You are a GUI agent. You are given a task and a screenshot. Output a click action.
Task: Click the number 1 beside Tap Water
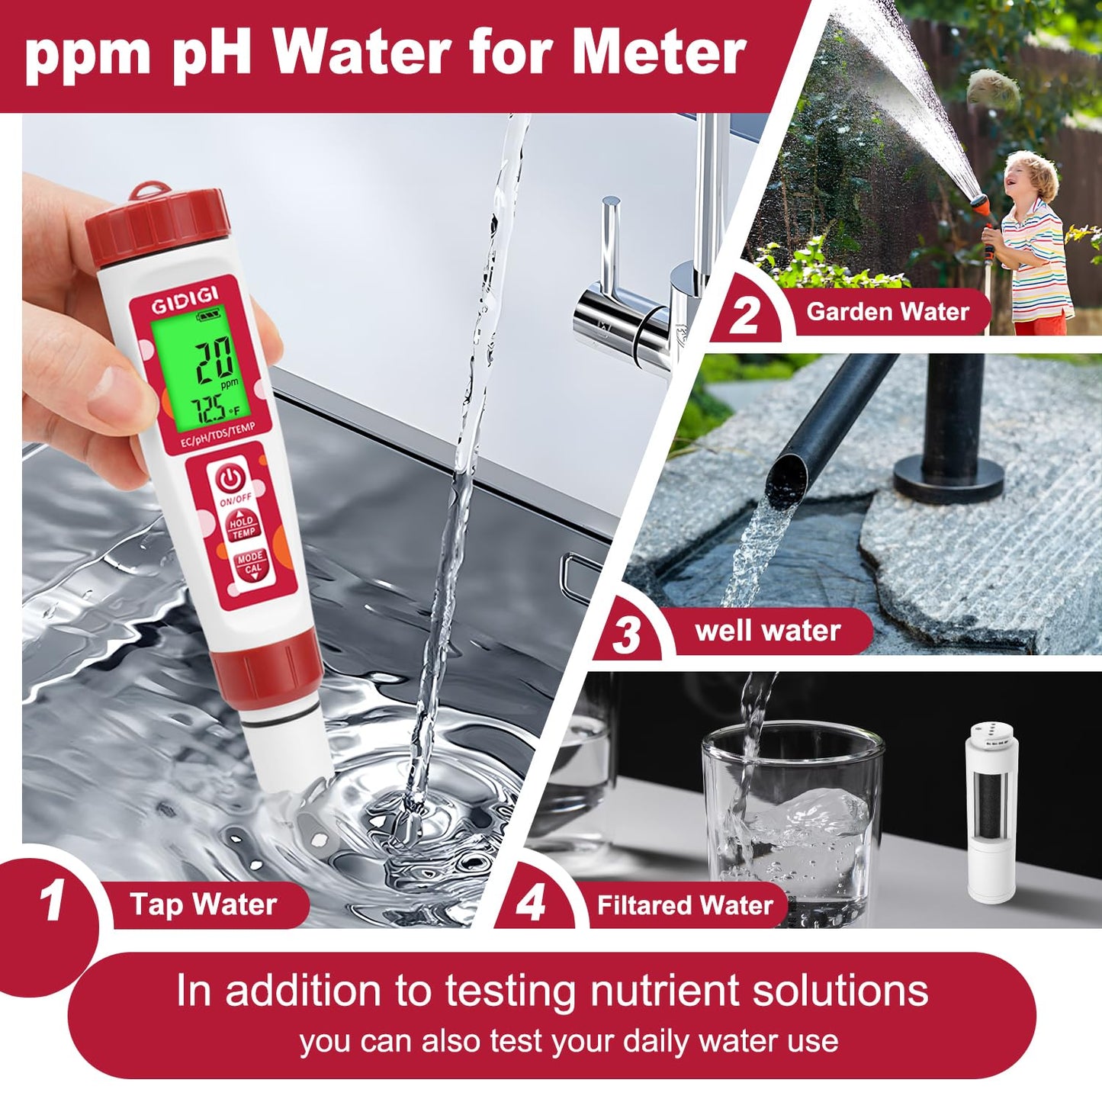click(x=52, y=903)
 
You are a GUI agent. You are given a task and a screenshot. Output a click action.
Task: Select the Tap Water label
click(x=203, y=904)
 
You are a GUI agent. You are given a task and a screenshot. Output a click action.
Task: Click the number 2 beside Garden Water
click(x=744, y=315)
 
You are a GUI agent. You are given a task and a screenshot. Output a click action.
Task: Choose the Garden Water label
click(x=887, y=311)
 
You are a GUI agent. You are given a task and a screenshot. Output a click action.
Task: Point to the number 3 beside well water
click(x=627, y=635)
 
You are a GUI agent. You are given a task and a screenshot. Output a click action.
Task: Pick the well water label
click(x=767, y=631)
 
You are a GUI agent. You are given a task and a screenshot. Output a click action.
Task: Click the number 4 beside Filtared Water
click(x=531, y=904)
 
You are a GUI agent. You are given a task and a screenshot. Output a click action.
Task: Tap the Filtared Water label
click(x=684, y=905)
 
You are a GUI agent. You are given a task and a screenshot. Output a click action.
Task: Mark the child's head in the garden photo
click(x=1031, y=179)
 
